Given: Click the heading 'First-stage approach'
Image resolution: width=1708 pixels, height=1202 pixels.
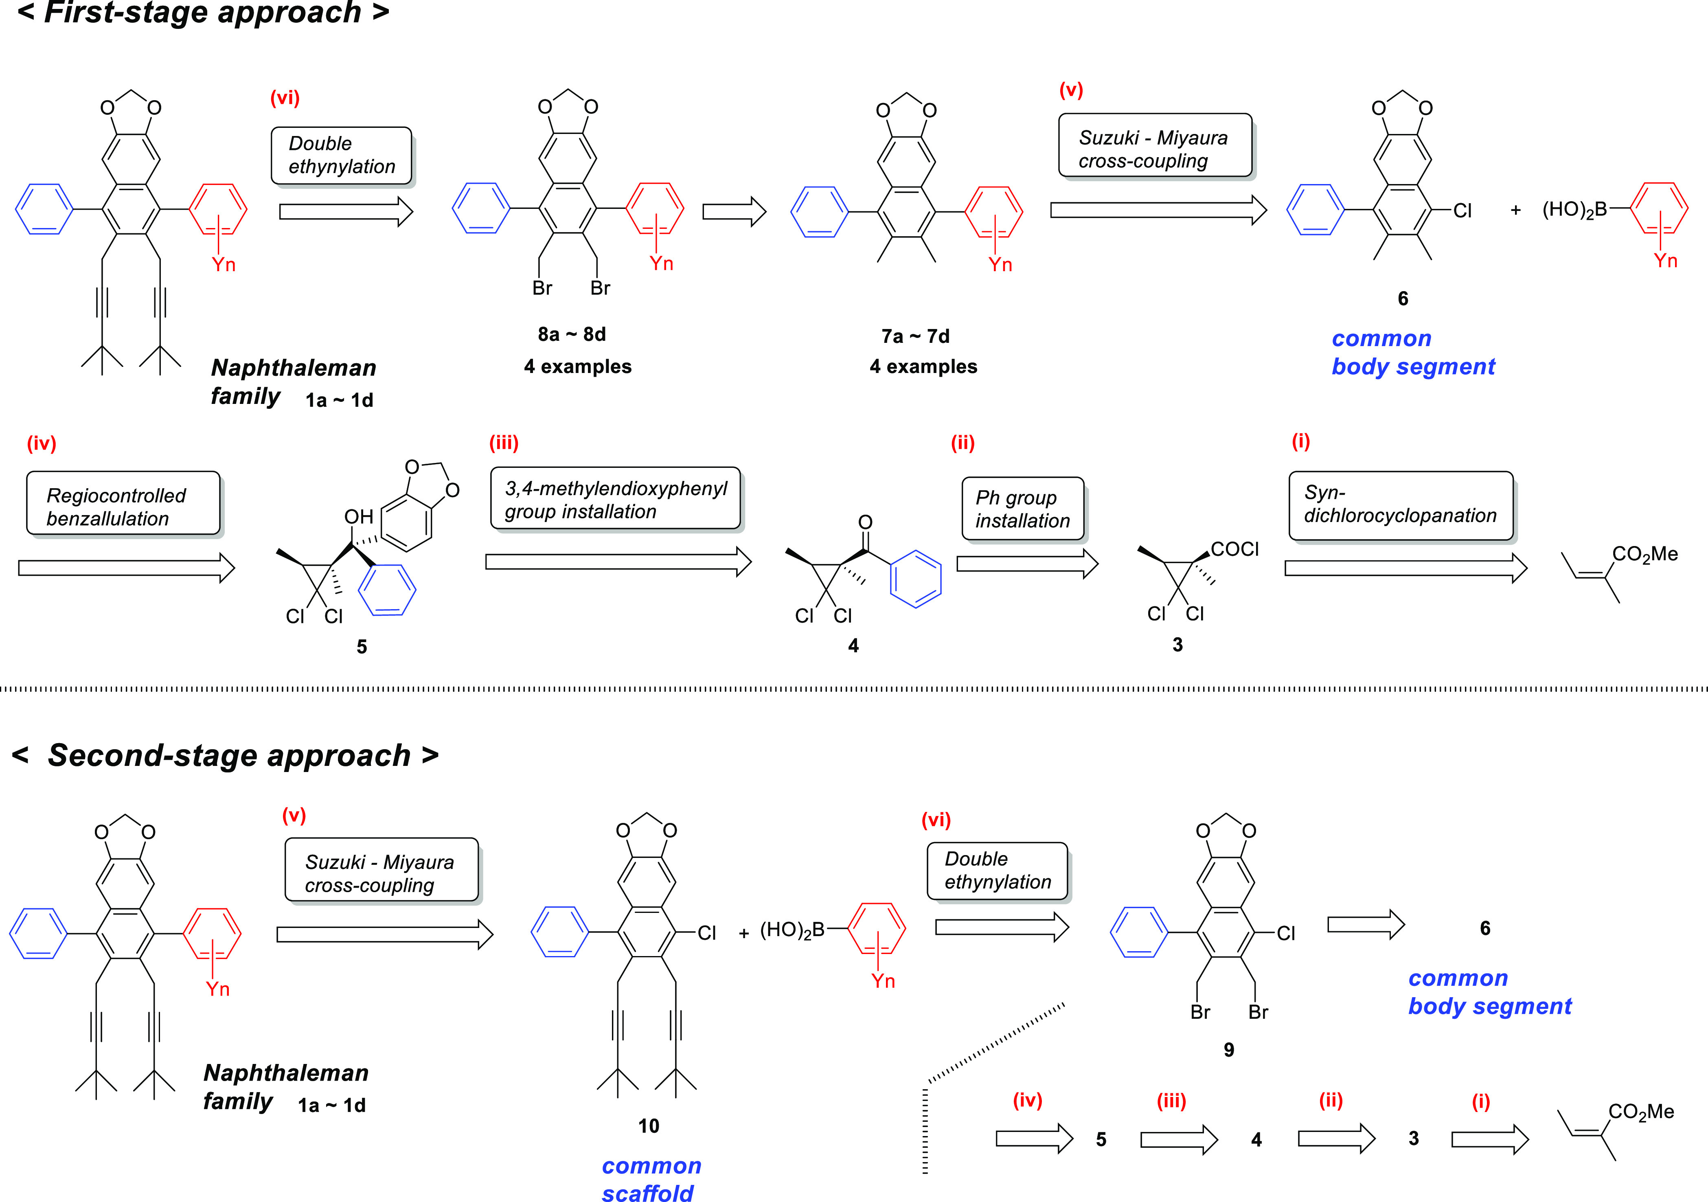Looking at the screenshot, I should pyautogui.click(x=202, y=13).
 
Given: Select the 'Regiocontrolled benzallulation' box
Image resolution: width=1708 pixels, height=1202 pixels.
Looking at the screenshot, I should pyautogui.click(x=123, y=504).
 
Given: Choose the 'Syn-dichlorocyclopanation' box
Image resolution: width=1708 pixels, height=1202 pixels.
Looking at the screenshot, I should pyautogui.click(x=1400, y=505).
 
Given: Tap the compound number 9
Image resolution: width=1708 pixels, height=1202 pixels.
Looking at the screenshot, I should pyautogui.click(x=1228, y=1050).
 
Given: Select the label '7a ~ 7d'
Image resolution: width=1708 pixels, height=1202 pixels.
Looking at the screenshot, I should pyautogui.click(x=915, y=336).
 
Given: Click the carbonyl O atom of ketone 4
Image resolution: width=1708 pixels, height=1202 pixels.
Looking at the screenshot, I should pyautogui.click(x=865, y=522).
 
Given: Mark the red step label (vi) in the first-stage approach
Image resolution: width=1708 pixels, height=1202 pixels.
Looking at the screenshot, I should pyautogui.click(x=285, y=97).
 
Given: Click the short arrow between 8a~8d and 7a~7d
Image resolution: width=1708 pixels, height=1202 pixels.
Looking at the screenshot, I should pyautogui.click(x=734, y=212).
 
